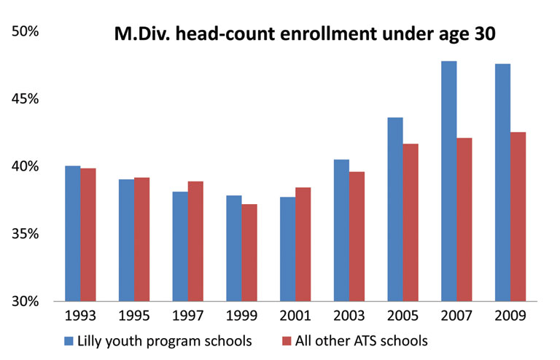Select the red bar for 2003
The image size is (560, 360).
[357, 236]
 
